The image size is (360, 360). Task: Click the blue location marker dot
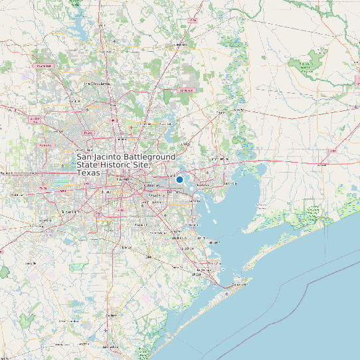click(179, 179)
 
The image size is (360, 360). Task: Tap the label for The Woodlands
click(96, 83)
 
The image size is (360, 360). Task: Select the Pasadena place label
click(157, 196)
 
